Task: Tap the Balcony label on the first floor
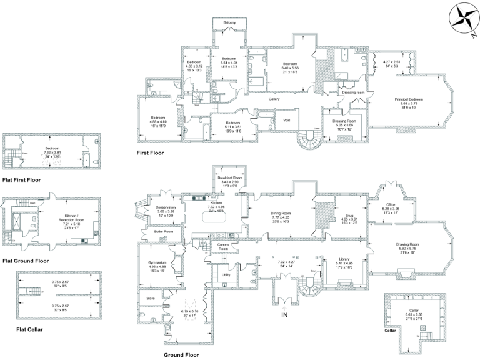tap(229, 22)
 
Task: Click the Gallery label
tap(274, 99)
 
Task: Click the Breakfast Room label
tap(229, 177)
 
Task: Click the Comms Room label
tap(224, 244)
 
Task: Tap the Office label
tap(392, 204)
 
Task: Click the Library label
tap(344, 259)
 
